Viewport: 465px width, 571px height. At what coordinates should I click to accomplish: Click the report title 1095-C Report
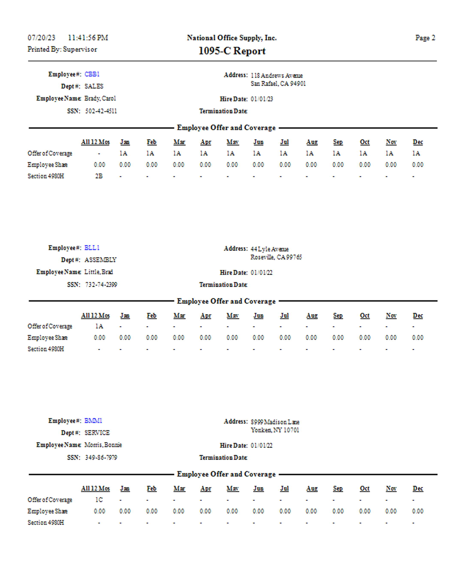(232, 51)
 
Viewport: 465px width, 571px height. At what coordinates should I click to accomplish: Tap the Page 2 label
(425, 38)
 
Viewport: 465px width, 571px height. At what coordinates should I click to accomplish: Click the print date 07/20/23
(42, 38)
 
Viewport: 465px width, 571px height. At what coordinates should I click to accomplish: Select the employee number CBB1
(92, 74)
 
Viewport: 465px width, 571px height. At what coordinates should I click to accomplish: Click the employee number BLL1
(92, 248)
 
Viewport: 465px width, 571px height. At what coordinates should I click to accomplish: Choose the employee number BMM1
(93, 420)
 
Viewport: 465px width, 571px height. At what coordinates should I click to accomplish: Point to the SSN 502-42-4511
(101, 111)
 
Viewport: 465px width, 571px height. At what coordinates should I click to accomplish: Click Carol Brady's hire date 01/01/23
(262, 99)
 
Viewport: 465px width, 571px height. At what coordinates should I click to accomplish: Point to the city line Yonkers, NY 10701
(275, 430)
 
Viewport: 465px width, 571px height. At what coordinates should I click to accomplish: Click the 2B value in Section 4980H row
(99, 176)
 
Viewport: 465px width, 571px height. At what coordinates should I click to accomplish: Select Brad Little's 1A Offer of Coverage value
(99, 326)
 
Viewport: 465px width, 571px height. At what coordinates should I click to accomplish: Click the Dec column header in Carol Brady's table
(418, 142)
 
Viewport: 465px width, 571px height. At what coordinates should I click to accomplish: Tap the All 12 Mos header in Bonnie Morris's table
(95, 488)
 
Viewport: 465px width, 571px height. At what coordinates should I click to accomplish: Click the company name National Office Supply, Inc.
(232, 38)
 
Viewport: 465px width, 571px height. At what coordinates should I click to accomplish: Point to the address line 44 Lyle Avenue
(269, 249)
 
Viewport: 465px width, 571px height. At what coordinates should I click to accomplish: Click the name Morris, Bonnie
(103, 445)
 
